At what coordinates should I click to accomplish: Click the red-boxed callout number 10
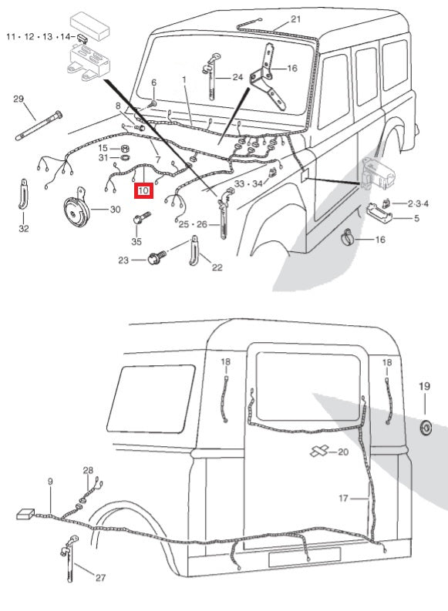tap(143, 190)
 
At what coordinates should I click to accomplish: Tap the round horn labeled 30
tap(79, 209)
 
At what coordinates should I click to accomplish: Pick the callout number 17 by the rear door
tap(345, 499)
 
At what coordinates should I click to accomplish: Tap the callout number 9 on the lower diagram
tap(50, 482)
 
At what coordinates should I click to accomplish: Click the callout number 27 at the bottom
tap(101, 577)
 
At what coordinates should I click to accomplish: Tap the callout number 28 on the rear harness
tap(88, 470)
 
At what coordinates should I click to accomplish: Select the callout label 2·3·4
tap(419, 203)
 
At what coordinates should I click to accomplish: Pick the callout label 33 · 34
tap(248, 183)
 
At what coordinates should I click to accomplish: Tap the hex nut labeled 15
tap(125, 147)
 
